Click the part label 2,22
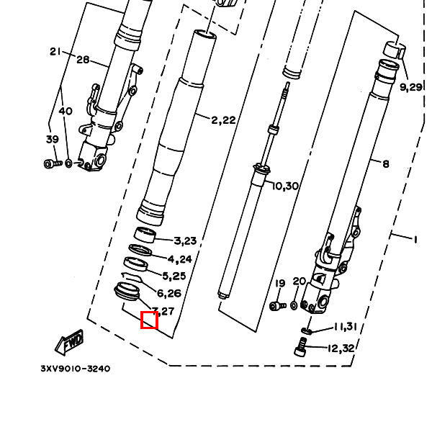[223, 120]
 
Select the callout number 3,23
[185, 241]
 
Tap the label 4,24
[180, 259]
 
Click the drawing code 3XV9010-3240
[76, 369]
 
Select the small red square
[149, 320]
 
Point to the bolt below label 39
[50, 163]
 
